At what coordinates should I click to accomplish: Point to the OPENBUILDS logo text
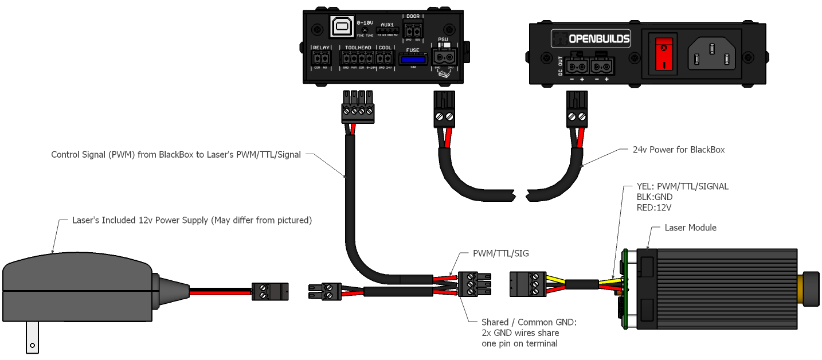tap(598, 40)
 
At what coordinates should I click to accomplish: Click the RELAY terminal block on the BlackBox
tap(321, 58)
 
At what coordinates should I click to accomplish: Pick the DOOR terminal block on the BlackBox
tap(413, 29)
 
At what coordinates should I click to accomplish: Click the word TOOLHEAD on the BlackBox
tap(358, 48)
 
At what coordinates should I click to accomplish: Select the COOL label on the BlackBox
tap(385, 48)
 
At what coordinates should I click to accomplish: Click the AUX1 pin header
tap(387, 30)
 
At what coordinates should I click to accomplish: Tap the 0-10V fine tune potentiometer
tap(365, 29)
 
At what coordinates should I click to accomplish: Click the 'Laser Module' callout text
tap(690, 228)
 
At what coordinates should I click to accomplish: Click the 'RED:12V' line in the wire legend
tap(654, 207)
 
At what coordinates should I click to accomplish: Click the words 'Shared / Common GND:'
tap(529, 322)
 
